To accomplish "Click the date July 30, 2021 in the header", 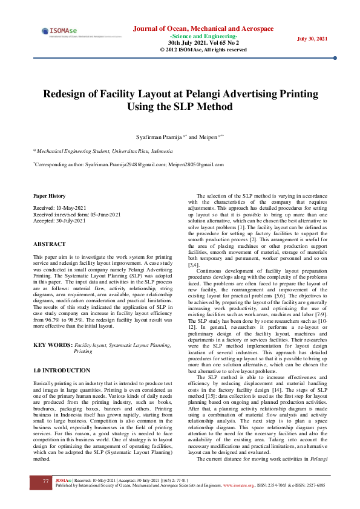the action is point(312,39).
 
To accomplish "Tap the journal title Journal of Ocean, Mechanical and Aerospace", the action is point(203,28).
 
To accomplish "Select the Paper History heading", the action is point(49,196).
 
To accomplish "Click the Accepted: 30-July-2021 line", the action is point(59,221).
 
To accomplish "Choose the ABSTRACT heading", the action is point(50,244).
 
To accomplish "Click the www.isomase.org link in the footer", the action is point(238,485).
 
